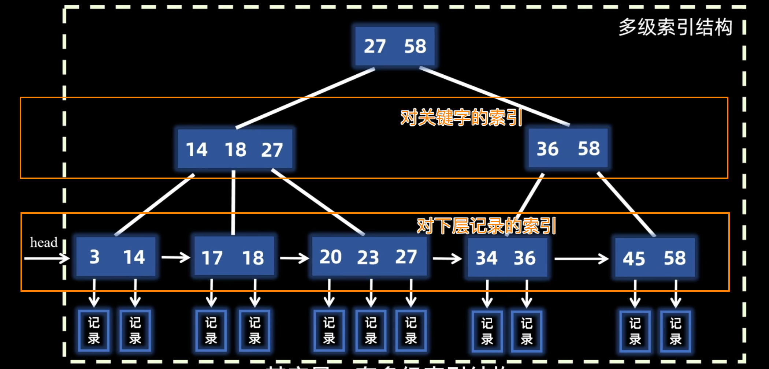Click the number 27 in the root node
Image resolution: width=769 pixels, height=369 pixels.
[x=375, y=46]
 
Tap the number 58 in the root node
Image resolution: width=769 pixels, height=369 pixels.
[x=415, y=46]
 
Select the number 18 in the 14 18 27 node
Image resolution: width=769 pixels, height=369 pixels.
[x=235, y=150]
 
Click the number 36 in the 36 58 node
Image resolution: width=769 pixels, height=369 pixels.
[x=547, y=149]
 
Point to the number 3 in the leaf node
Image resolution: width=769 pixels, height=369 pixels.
[x=94, y=257]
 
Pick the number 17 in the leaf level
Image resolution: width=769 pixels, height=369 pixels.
[x=212, y=258]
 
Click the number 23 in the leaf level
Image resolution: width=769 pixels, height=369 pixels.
[x=368, y=258]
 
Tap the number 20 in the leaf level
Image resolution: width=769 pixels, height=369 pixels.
[x=330, y=257]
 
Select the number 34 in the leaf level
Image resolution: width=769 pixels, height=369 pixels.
[x=486, y=258]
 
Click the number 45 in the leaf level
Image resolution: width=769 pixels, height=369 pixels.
[x=634, y=259]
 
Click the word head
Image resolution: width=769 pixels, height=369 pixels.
[x=44, y=242]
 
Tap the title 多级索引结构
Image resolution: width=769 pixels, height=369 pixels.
[x=675, y=27]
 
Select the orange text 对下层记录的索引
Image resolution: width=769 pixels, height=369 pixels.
[x=486, y=226]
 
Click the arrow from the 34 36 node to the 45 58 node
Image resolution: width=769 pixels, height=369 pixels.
[x=581, y=259]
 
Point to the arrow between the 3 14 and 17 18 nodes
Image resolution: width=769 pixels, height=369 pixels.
[x=175, y=258]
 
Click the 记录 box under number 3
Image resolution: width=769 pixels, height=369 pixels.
[x=94, y=331]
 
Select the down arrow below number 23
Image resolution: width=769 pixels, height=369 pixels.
[x=371, y=293]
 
